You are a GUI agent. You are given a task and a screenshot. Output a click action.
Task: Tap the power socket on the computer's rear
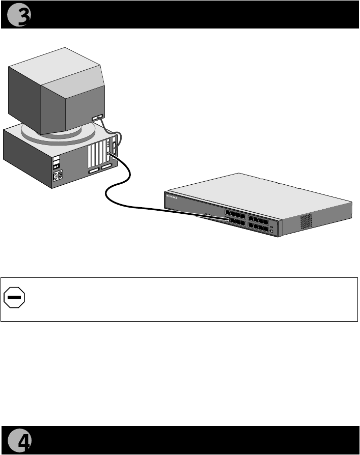tap(58, 176)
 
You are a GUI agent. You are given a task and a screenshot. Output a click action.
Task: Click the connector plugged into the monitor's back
tap(97, 119)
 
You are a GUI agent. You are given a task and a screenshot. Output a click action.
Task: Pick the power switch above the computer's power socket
tap(57, 165)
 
